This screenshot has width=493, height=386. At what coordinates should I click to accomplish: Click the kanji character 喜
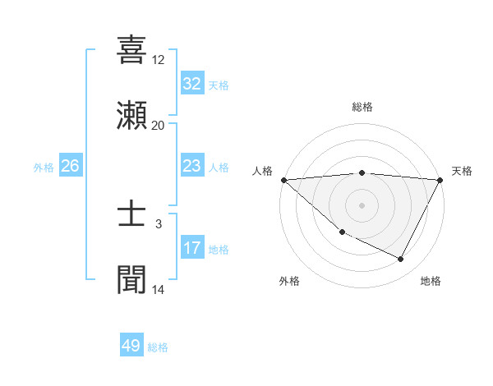pyautogui.click(x=131, y=49)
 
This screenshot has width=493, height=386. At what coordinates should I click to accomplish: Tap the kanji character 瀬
pyautogui.click(x=131, y=115)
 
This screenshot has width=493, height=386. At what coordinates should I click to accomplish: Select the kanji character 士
pyautogui.click(x=131, y=215)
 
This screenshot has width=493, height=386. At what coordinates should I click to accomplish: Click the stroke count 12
pyautogui.click(x=159, y=60)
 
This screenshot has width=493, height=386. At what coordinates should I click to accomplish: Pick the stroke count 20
pyautogui.click(x=159, y=126)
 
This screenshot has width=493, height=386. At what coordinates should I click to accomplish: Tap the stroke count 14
pyautogui.click(x=159, y=290)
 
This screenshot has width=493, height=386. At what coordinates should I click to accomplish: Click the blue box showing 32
pyautogui.click(x=191, y=84)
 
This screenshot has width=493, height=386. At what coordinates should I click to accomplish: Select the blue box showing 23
pyautogui.click(x=191, y=166)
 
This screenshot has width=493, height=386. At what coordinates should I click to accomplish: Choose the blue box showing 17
pyautogui.click(x=191, y=248)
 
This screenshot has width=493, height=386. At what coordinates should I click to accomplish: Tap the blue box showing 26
pyautogui.click(x=70, y=166)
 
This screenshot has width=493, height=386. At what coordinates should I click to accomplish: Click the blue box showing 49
pyautogui.click(x=131, y=346)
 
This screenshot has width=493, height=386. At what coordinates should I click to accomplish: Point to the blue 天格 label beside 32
pyautogui.click(x=219, y=85)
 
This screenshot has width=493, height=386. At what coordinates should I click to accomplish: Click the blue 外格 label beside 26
pyautogui.click(x=44, y=167)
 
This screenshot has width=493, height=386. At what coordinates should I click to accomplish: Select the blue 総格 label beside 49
pyautogui.click(x=158, y=347)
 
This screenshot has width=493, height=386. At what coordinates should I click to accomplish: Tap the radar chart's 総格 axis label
pyautogui.click(x=362, y=107)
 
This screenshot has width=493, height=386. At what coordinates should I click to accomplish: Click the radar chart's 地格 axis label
pyautogui.click(x=431, y=281)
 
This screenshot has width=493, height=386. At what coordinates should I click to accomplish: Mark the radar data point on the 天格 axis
pyautogui.click(x=440, y=180)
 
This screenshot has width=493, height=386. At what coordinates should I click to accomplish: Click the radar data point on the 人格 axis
pyautogui.click(x=283, y=180)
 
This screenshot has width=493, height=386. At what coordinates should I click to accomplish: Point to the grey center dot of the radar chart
pyautogui.click(x=362, y=204)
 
